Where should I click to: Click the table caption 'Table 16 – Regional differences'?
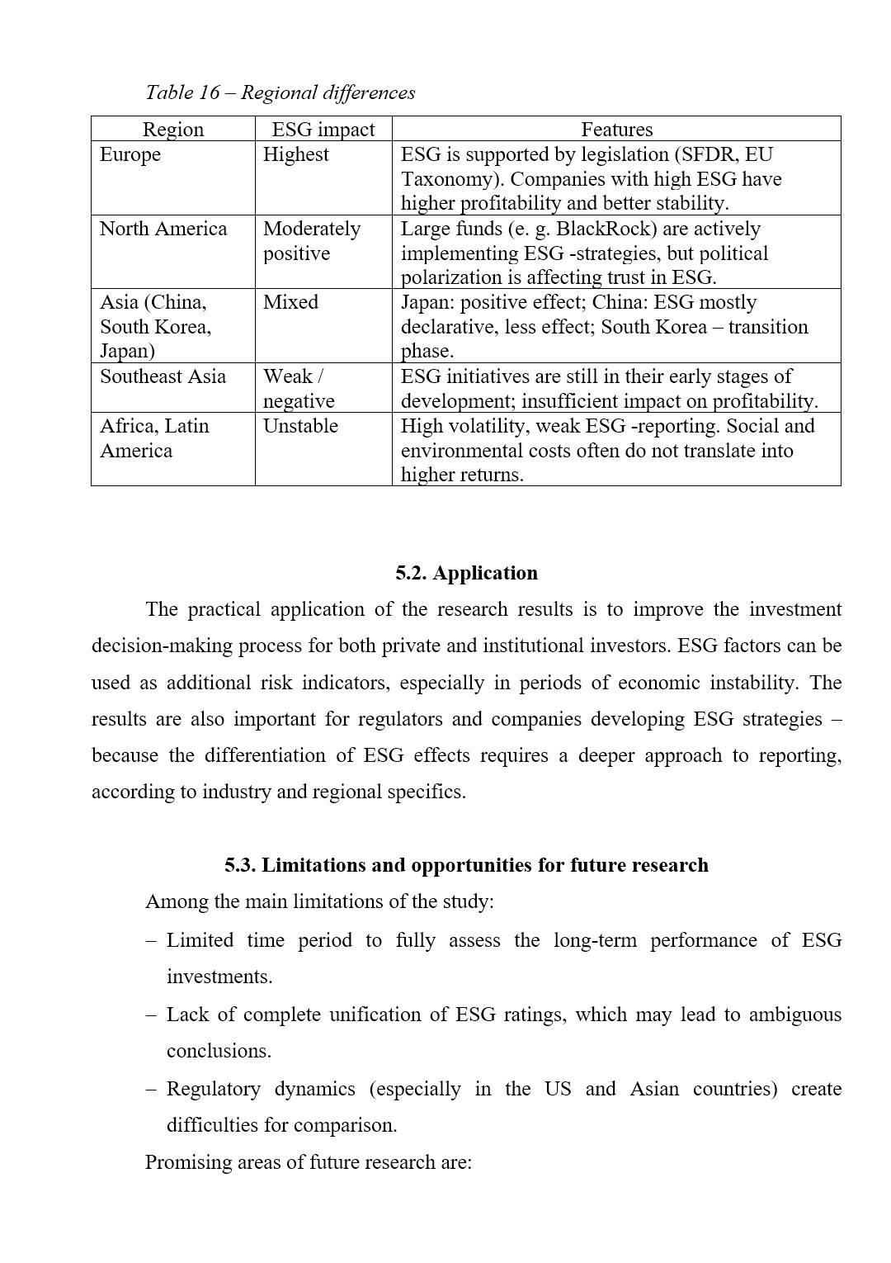[280, 92]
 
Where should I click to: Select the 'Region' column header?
[172, 130]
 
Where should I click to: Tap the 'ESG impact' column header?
[323, 130]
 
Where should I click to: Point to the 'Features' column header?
[616, 130]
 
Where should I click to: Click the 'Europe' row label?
[130, 155]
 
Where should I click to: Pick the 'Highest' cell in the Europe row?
[295, 155]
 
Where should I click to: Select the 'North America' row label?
[163, 229]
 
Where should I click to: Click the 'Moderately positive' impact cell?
[311, 241]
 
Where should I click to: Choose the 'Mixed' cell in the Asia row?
[290, 302]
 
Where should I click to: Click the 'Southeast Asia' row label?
[163, 376]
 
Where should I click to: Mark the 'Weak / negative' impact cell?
[299, 389]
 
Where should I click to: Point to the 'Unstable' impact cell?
[300, 426]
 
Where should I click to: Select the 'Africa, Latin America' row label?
[154, 438]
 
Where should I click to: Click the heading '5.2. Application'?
[466, 573]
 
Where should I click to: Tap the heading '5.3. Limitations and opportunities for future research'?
[466, 865]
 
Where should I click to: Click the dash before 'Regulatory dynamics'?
[151, 1089]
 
